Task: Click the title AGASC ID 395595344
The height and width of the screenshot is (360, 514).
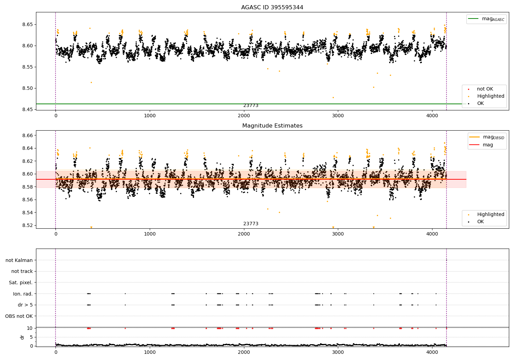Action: (x=272, y=8)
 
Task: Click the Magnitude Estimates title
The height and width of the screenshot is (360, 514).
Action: (x=272, y=126)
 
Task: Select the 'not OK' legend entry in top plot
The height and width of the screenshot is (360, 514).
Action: (x=485, y=89)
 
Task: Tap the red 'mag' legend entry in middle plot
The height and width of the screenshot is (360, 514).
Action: (x=488, y=145)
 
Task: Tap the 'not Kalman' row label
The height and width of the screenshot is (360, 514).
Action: (x=19, y=260)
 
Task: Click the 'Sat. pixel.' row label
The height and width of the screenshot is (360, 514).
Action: (x=21, y=283)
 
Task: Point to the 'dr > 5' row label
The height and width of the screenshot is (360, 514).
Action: (x=25, y=305)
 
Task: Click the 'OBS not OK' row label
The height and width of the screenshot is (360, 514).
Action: (x=19, y=316)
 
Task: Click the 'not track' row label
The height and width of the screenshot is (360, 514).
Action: (x=22, y=272)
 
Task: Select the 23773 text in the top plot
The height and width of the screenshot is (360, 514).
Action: (x=251, y=106)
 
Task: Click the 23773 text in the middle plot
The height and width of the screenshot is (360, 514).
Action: (x=251, y=224)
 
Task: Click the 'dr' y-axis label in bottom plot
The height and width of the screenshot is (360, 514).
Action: (x=22, y=337)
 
